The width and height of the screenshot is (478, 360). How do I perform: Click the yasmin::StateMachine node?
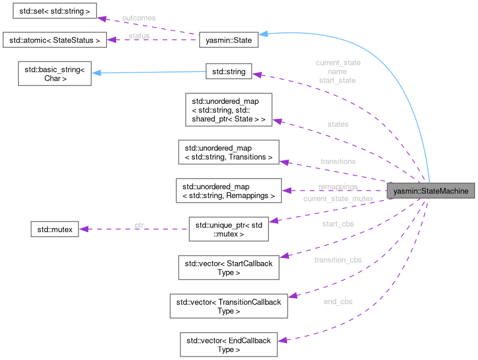pyautogui.click(x=430, y=191)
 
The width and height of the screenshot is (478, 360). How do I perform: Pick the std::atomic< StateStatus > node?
pyautogui.click(x=54, y=40)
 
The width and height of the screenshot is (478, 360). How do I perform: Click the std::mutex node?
pyautogui.click(x=54, y=229)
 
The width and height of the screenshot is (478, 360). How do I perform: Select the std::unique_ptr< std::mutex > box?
pyautogui.click(x=228, y=229)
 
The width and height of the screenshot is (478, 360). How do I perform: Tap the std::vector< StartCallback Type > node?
pyautogui.click(x=229, y=267)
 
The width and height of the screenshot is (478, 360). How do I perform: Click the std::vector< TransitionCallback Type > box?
pyautogui.click(x=229, y=306)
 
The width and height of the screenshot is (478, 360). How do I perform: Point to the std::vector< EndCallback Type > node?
pyautogui.click(x=229, y=345)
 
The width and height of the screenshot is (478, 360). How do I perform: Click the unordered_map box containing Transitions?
pyautogui.click(x=229, y=152)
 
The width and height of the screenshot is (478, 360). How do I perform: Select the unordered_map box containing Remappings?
pyautogui.click(x=229, y=190)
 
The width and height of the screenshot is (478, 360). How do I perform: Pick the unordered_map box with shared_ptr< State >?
pyautogui.click(x=229, y=109)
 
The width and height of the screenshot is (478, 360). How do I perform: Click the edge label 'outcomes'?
pyautogui.click(x=139, y=18)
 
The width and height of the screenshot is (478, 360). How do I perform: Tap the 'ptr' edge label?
pyautogui.click(x=139, y=225)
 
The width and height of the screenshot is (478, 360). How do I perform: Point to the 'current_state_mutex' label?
pyautogui.click(x=338, y=199)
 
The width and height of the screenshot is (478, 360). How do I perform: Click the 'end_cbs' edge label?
pyautogui.click(x=338, y=302)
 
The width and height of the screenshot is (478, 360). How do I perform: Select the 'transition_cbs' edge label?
pyautogui.click(x=338, y=260)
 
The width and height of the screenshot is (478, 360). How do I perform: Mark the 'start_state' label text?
pyautogui.click(x=337, y=80)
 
